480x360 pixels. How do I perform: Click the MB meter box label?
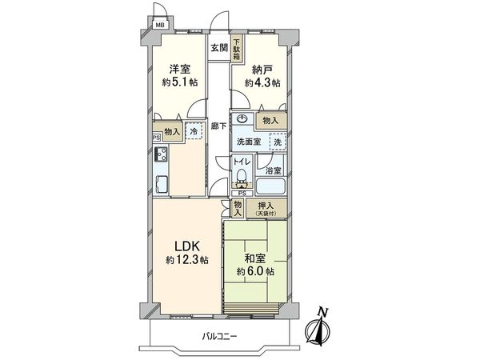(x=160, y=25)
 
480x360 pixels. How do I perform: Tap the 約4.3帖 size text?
(x=262, y=82)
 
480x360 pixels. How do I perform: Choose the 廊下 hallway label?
(x=219, y=126)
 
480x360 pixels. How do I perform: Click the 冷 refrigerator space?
(x=194, y=131)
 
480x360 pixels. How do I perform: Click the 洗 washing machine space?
(x=276, y=142)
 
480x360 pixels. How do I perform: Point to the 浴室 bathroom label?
(x=274, y=170)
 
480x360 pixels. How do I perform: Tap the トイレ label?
(x=242, y=162)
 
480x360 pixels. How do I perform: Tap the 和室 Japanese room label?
(x=255, y=258)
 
